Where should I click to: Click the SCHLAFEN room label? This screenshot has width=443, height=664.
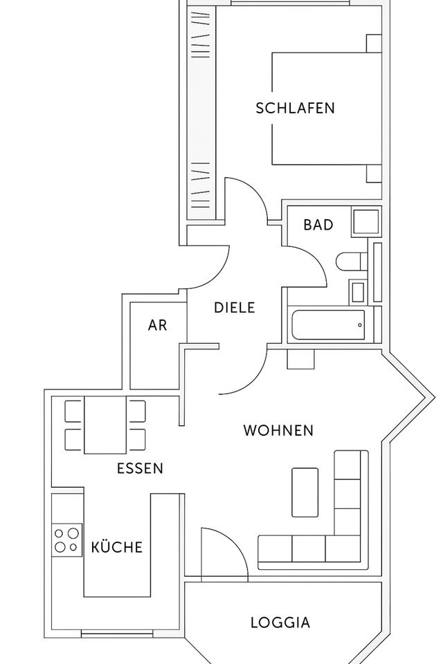pyautogui.click(x=295, y=108)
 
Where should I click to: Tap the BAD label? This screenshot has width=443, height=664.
pyautogui.click(x=318, y=225)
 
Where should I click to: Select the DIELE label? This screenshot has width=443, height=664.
pyautogui.click(x=234, y=308)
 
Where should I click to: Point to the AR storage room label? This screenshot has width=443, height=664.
pyautogui.click(x=157, y=325)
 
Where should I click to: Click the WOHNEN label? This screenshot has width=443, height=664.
pyautogui.click(x=278, y=430)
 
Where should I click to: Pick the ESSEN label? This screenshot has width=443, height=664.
pyautogui.click(x=140, y=468)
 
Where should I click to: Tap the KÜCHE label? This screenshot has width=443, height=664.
pyautogui.click(x=117, y=547)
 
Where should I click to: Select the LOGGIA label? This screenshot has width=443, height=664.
pyautogui.click(x=280, y=622)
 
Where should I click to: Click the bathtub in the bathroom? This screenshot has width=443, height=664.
pyautogui.click(x=328, y=325)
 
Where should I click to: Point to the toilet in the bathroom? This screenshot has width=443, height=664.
pyautogui.click(x=350, y=263)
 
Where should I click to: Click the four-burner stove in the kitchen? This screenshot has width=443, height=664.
pyautogui.click(x=66, y=540)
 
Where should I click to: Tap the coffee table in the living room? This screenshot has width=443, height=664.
pyautogui.click(x=305, y=492)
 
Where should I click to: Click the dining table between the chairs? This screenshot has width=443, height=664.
pyautogui.click(x=105, y=425)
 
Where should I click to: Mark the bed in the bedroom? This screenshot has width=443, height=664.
pyautogui.click(x=325, y=109)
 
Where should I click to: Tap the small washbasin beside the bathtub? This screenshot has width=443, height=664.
pyautogui.click(x=358, y=291)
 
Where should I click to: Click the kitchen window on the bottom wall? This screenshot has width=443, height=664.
pyautogui.click(x=111, y=632)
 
